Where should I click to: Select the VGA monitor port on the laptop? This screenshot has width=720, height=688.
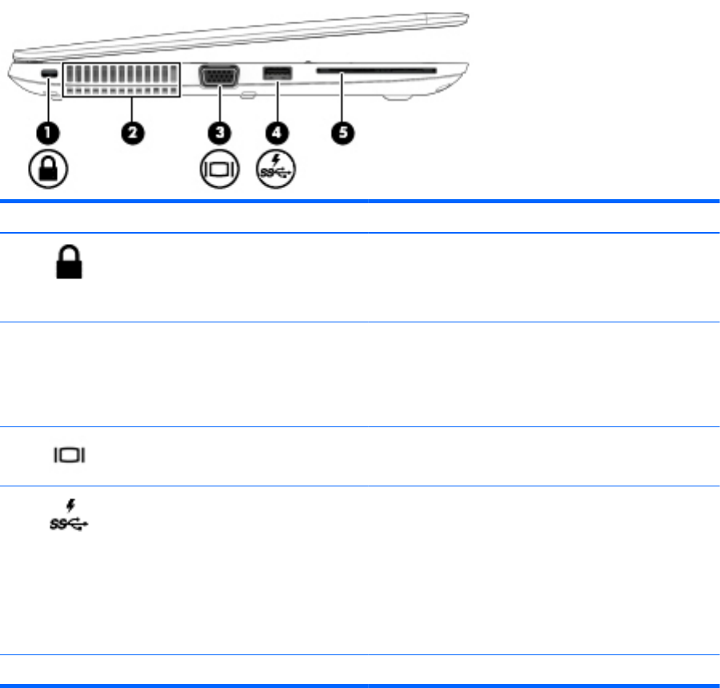pos(218,78)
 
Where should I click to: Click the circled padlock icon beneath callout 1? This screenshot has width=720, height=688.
pos(49,170)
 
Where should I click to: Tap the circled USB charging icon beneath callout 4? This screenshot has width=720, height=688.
pos(277,170)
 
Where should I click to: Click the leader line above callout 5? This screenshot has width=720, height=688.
pos(342,100)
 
